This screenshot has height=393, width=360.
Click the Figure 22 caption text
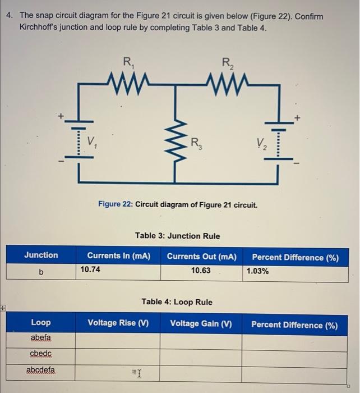178,205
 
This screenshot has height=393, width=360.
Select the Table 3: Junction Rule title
178,236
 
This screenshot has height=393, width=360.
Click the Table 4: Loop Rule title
177,302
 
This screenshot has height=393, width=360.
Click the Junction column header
41,255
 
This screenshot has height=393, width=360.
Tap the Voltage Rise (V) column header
118,323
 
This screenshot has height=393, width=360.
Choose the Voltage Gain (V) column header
201,323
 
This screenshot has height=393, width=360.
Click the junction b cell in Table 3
41,271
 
